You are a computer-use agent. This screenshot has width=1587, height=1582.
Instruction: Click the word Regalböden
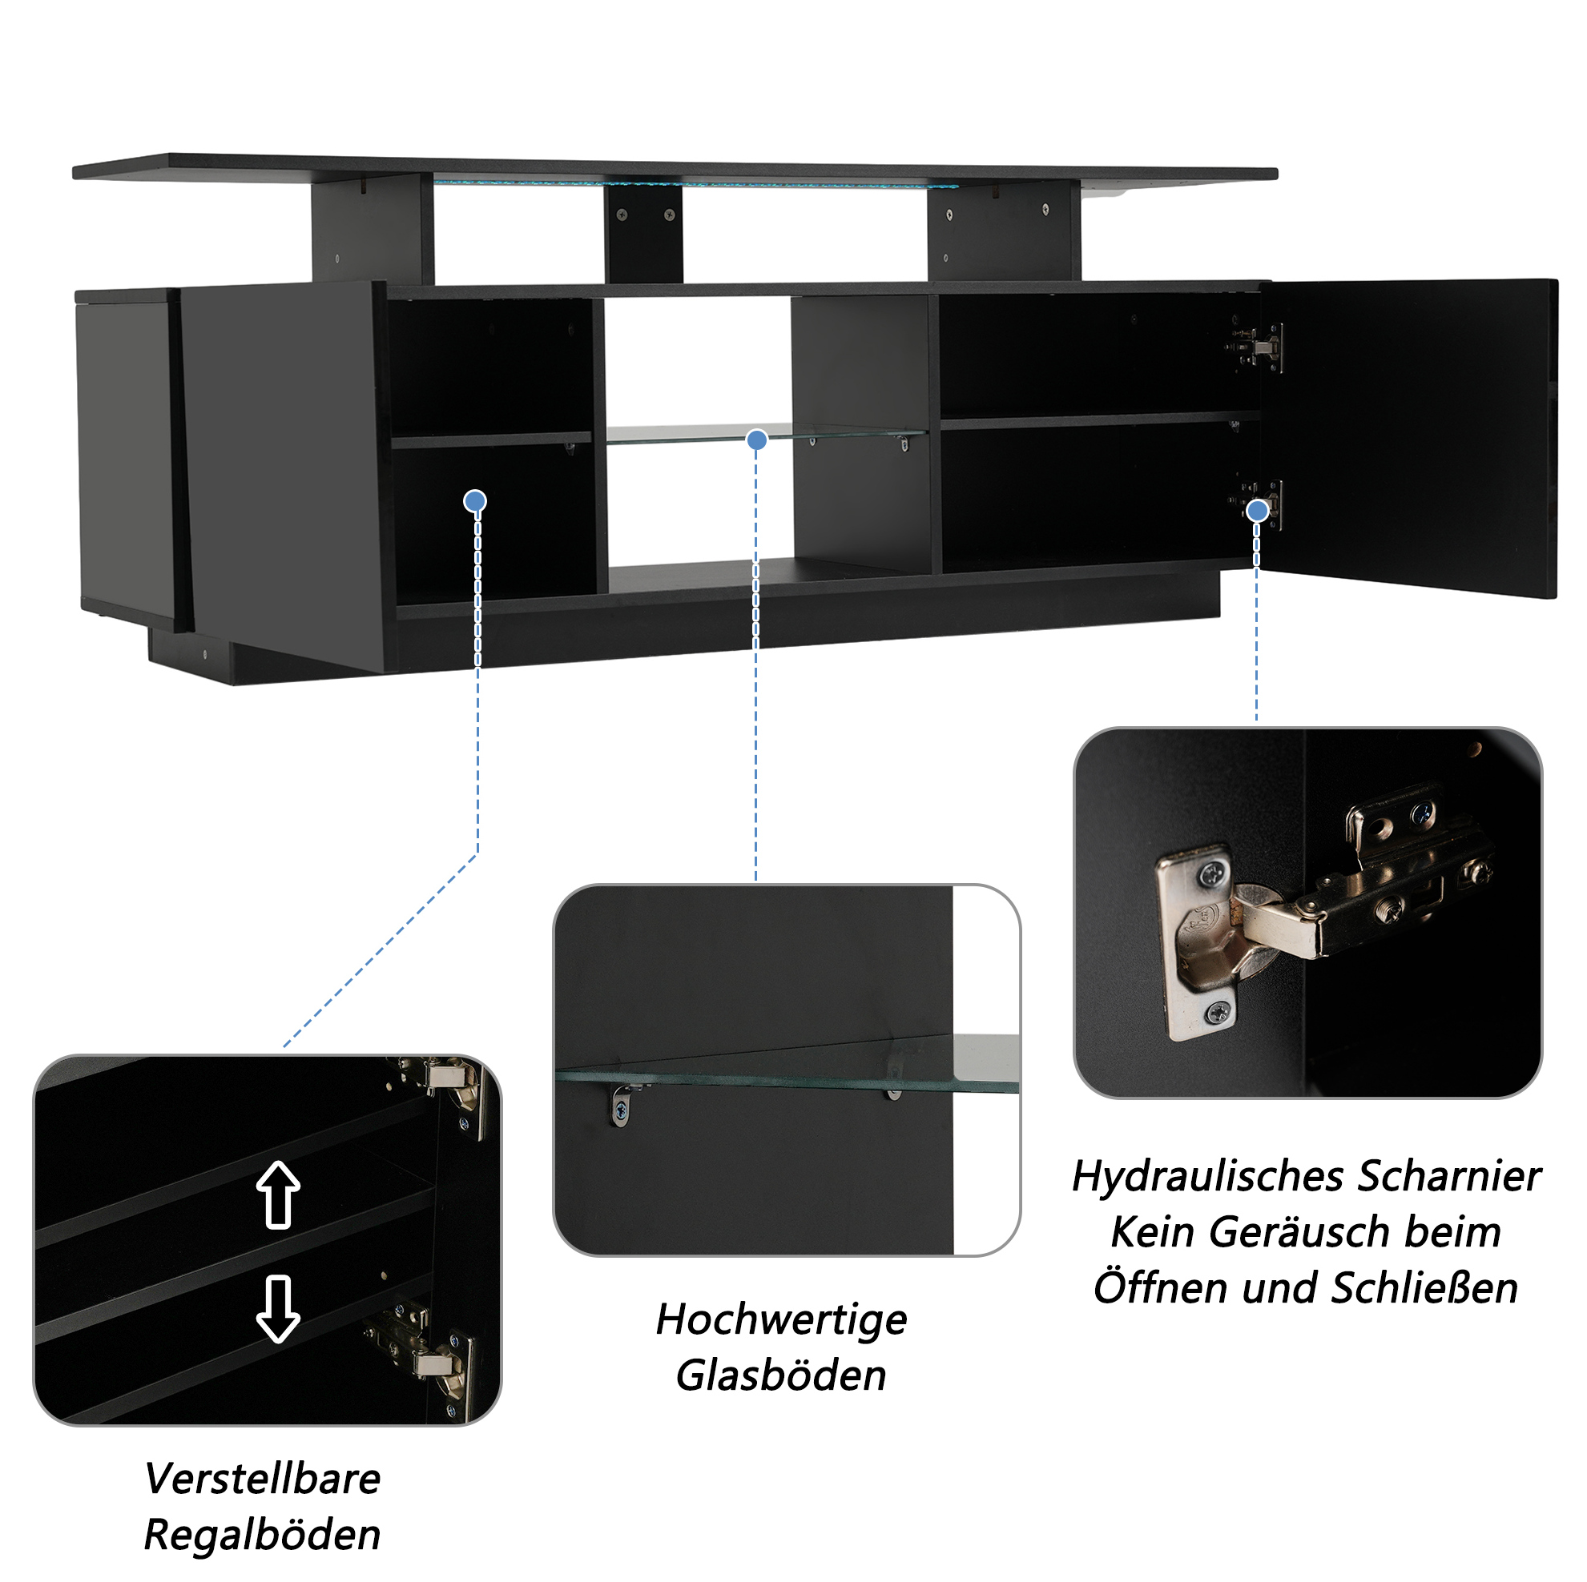pos(262,1536)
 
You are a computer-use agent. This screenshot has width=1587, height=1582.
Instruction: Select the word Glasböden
pos(781,1376)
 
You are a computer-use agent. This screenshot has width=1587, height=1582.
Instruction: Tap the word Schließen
pos(1424,1288)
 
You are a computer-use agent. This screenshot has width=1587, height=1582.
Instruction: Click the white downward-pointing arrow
pos(279,1310)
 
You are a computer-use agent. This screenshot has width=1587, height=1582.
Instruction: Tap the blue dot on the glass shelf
pos(756,440)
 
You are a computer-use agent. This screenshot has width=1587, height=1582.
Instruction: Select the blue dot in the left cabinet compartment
pos(475,501)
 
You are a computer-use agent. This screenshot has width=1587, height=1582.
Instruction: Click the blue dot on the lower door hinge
pos(1257,512)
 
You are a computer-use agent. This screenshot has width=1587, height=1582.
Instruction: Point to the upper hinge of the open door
pos(1255,347)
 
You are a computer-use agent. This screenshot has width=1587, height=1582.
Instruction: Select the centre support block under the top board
pos(643,234)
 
